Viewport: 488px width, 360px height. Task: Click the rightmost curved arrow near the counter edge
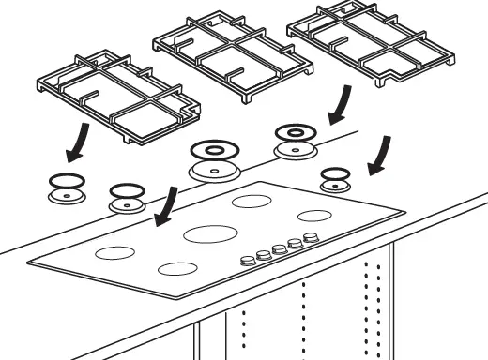click(x=380, y=155)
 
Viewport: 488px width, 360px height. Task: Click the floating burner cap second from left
click(x=125, y=196)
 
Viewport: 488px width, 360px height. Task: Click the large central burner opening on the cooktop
click(x=209, y=232)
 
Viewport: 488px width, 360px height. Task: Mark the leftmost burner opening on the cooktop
click(x=115, y=252)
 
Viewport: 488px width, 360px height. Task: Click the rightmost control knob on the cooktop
click(x=310, y=238)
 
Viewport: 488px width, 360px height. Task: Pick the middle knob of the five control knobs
click(x=280, y=249)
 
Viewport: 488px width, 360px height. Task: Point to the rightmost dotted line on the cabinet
click(x=379, y=300)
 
